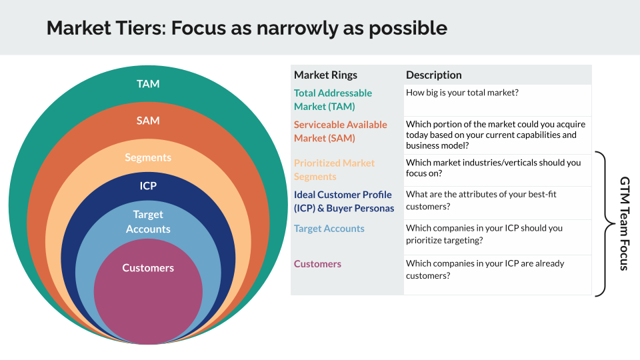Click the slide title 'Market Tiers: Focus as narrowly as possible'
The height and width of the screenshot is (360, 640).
click(x=247, y=28)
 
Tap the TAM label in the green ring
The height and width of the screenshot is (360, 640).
click(x=148, y=84)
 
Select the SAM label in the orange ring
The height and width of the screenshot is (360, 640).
click(x=148, y=121)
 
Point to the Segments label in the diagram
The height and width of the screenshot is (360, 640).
click(x=148, y=157)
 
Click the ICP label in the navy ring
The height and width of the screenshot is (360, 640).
click(x=148, y=185)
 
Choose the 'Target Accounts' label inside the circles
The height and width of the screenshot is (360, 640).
click(x=148, y=221)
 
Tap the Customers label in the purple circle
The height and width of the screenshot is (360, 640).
click(x=148, y=267)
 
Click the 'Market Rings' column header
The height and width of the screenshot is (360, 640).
click(x=325, y=75)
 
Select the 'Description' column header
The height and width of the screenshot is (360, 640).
click(x=433, y=75)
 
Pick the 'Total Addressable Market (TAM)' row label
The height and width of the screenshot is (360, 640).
click(x=333, y=99)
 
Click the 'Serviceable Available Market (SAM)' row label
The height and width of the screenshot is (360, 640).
click(x=340, y=131)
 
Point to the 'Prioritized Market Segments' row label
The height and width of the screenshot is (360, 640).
click(x=334, y=169)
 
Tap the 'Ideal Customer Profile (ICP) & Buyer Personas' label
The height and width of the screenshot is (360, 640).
click(x=344, y=201)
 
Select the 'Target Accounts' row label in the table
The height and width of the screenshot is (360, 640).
click(x=329, y=228)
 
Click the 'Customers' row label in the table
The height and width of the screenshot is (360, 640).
click(x=317, y=264)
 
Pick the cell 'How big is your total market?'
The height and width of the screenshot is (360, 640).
click(x=462, y=93)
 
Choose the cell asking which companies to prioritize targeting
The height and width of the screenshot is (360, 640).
click(x=484, y=233)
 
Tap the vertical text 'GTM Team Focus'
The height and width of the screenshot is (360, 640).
click(x=625, y=223)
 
